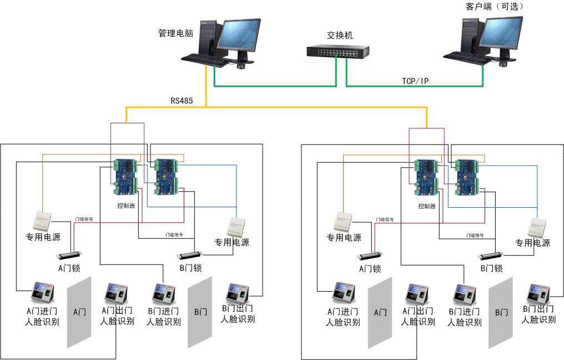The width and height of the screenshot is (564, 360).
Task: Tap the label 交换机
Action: click(340, 36)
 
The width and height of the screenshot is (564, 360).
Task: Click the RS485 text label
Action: click(182, 101)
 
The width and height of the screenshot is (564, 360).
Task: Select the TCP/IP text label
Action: click(415, 81)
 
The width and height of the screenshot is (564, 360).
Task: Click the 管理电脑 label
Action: click(176, 33)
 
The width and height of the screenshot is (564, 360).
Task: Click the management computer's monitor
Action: click(238, 37)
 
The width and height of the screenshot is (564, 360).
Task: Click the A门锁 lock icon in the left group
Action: click(67, 256)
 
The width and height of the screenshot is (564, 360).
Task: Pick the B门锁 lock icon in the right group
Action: click(489, 256)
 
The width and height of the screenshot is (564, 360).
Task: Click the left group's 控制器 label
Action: click(126, 206)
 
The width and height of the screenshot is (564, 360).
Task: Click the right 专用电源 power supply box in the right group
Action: click(537, 226)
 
